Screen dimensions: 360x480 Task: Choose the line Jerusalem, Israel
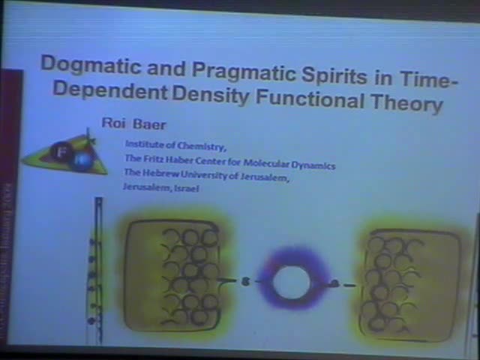[x=160, y=188]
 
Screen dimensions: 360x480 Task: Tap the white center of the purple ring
[x=289, y=283]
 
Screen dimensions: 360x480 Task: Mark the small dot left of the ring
[x=244, y=281]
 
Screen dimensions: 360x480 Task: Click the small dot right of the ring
[x=334, y=283]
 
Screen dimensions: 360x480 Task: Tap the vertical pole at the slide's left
[x=98, y=270]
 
